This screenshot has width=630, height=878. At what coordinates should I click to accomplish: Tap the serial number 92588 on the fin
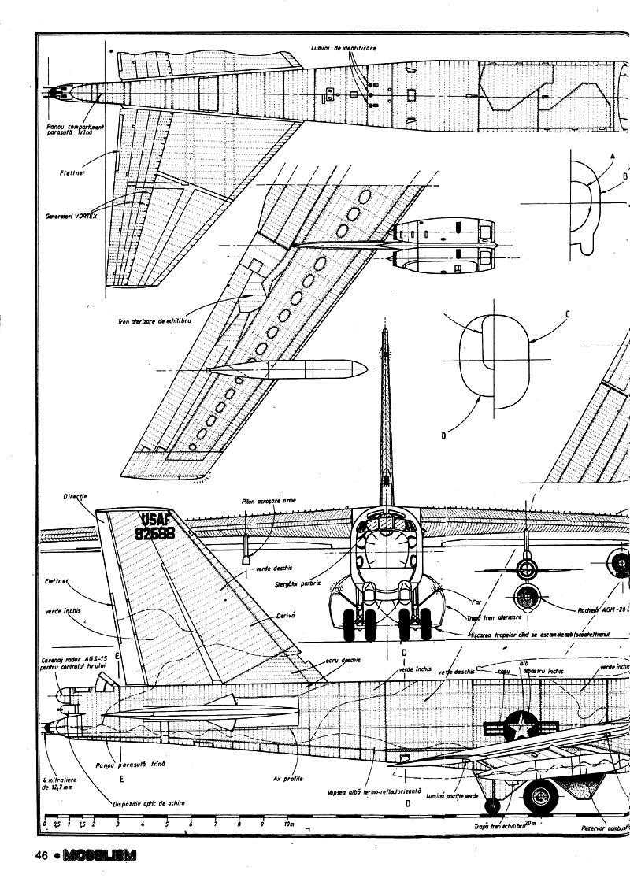pos(154,533)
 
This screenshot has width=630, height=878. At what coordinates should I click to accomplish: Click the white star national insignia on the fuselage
pos(519,725)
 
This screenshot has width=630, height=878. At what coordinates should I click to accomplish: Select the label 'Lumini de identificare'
pos(344,49)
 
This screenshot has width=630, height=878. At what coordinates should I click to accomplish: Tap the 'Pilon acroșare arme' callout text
pos(270,500)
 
